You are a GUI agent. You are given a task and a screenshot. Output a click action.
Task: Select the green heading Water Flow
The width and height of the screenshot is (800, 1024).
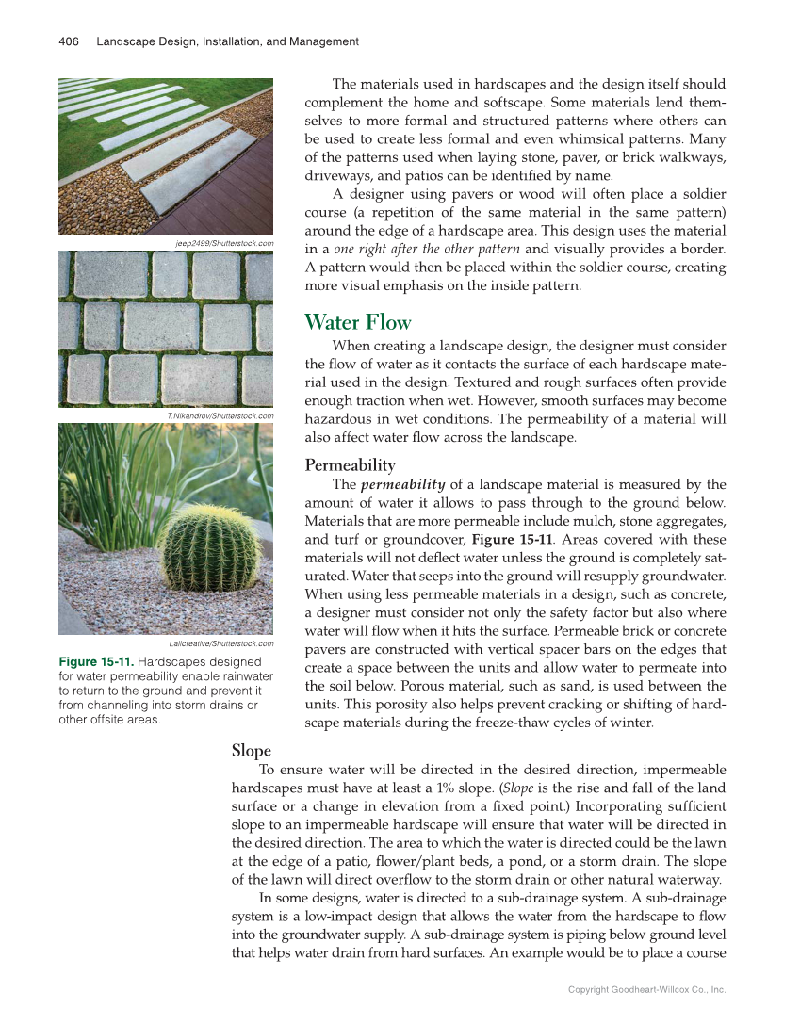358,323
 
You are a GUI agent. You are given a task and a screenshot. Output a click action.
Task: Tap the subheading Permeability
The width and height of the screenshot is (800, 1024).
350,465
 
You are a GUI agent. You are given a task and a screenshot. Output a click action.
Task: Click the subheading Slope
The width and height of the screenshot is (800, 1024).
251,751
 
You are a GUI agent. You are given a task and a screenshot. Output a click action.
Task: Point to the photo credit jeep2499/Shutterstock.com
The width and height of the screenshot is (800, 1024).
224,243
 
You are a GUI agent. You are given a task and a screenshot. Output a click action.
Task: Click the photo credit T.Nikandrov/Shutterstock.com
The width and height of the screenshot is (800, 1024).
220,415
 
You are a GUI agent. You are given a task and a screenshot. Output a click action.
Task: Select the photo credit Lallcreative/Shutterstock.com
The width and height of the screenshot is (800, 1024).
220,643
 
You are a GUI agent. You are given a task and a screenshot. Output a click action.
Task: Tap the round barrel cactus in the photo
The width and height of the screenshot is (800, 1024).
212,548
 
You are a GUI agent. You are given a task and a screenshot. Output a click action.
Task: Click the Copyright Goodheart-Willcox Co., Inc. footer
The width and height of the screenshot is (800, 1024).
646,990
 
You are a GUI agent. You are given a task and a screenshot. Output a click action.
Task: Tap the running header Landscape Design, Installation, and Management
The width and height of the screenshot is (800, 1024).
227,41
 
